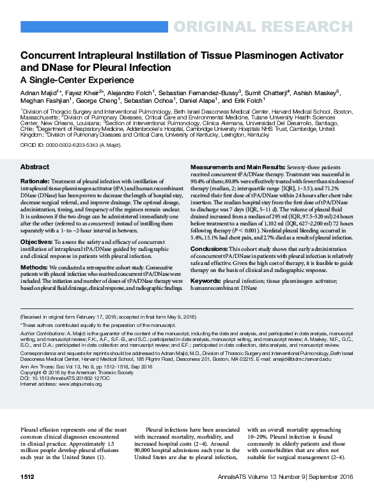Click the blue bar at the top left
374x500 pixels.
click(95, 26)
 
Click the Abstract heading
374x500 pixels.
click(35, 167)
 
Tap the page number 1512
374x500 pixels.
click(27, 476)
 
